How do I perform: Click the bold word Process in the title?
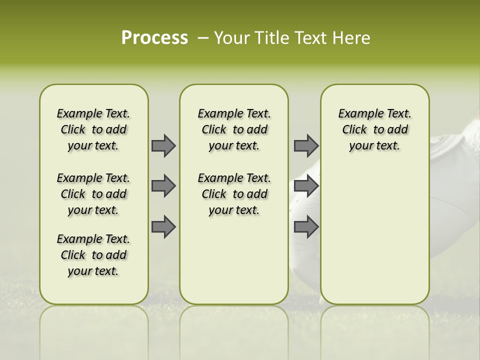click(x=154, y=38)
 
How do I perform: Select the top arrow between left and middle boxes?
click(x=163, y=145)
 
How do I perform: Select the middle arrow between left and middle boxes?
click(x=163, y=186)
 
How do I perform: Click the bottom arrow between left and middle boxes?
click(x=163, y=226)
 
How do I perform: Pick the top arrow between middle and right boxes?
click(x=306, y=145)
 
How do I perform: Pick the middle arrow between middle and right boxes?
click(x=306, y=186)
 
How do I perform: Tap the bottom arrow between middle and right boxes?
click(x=306, y=226)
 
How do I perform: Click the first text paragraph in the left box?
click(x=93, y=129)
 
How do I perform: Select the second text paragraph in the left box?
click(x=93, y=194)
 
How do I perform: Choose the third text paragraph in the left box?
click(x=93, y=255)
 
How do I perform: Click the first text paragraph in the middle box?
click(x=234, y=129)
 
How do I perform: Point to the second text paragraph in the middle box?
click(x=234, y=194)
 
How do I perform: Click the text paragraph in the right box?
click(x=374, y=129)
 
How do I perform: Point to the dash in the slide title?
click(x=202, y=38)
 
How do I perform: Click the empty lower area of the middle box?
click(x=234, y=260)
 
